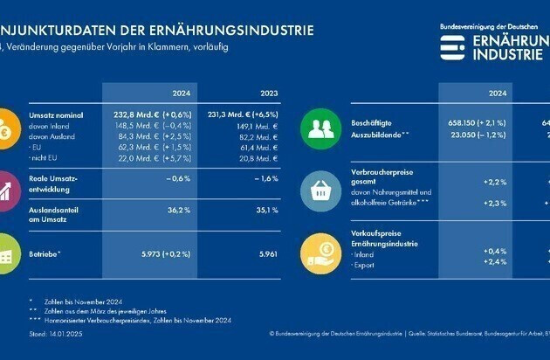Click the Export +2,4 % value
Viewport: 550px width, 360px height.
[x=495, y=261]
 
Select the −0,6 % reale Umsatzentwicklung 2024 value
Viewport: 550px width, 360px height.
[x=179, y=178]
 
